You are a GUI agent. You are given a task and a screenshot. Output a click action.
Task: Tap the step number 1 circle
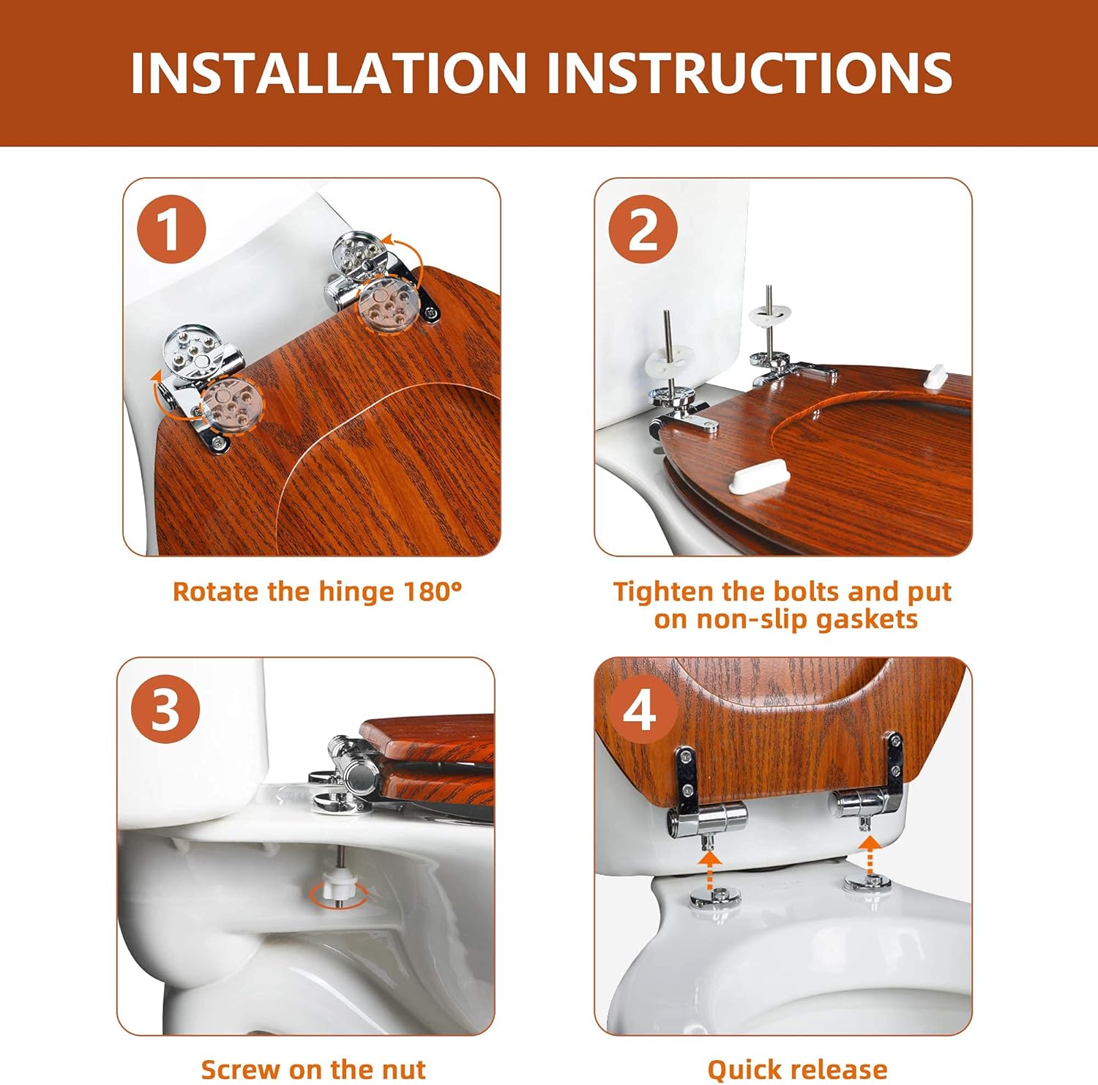pyautogui.click(x=171, y=230)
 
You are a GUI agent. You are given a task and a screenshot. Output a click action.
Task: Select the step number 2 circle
pyautogui.click(x=643, y=230)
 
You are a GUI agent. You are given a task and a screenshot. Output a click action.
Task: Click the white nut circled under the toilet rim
pyautogui.click(x=337, y=890)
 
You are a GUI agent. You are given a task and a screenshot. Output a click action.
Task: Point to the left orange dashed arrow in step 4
pyautogui.click(x=708, y=865)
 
